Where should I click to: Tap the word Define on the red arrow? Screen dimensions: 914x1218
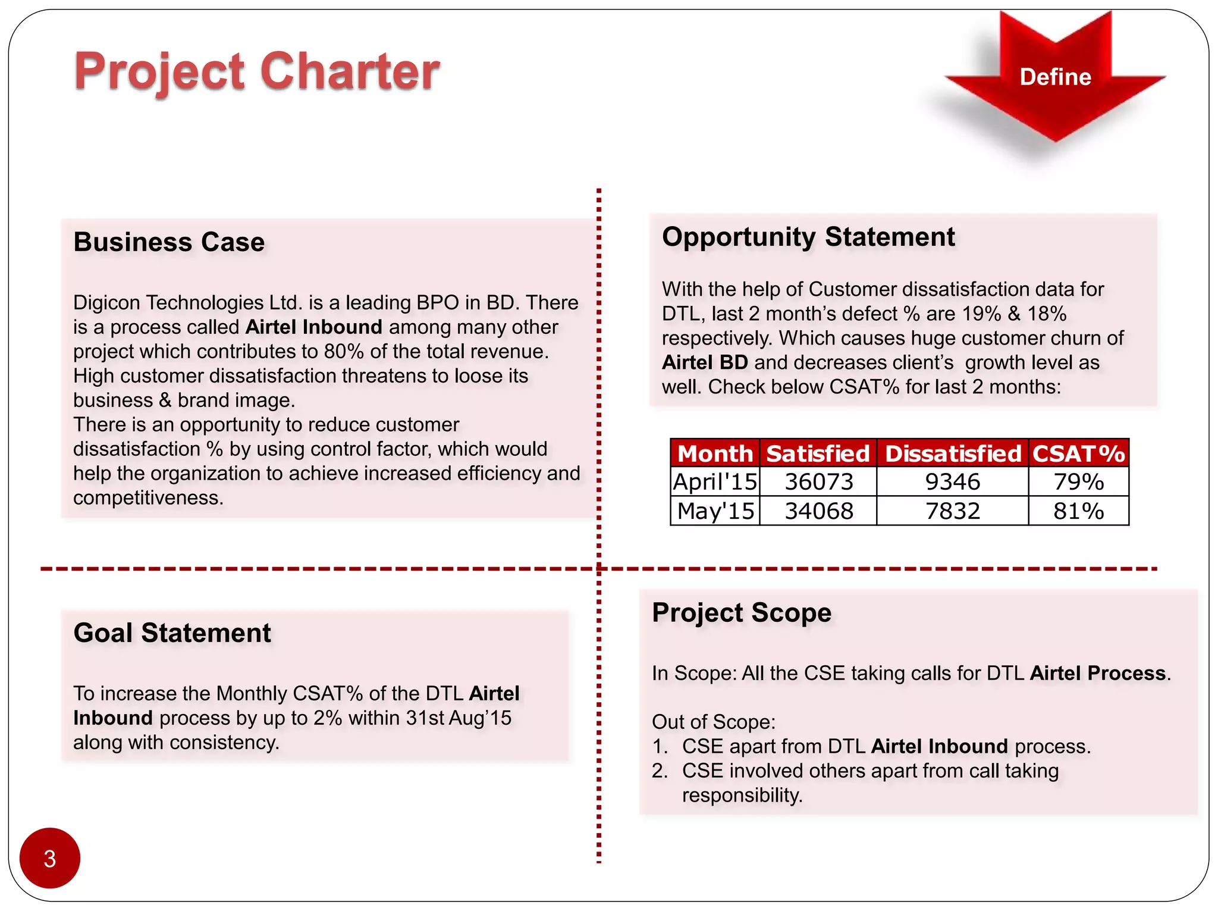pyautogui.click(x=1054, y=77)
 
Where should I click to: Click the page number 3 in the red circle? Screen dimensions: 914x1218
pyautogui.click(x=49, y=858)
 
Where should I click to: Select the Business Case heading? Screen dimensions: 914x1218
pyautogui.click(x=169, y=242)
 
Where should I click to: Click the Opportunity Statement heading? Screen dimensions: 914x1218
pyautogui.click(x=808, y=236)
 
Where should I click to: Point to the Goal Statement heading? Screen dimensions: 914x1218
pyautogui.click(x=172, y=632)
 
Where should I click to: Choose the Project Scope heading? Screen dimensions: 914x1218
pyautogui.click(x=741, y=612)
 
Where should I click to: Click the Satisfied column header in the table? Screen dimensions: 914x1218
pyautogui.click(x=817, y=453)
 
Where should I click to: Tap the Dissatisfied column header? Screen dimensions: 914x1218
pyautogui.click(x=952, y=453)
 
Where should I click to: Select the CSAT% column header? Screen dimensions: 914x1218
pyautogui.click(x=1078, y=453)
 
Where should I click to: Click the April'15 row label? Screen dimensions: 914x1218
pyautogui.click(x=714, y=481)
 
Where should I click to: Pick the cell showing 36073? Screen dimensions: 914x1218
pyautogui.click(x=818, y=481)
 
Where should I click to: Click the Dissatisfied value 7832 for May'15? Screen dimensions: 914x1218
pyautogui.click(x=952, y=511)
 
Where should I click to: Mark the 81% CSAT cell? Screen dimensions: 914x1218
pyautogui.click(x=1078, y=511)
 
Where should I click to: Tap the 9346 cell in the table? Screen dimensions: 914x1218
pyautogui.click(x=952, y=481)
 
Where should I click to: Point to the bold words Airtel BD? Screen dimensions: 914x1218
pyautogui.click(x=704, y=362)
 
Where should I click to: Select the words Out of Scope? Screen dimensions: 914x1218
pyautogui.click(x=712, y=721)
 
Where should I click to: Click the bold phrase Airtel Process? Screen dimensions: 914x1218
pyautogui.click(x=1097, y=672)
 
